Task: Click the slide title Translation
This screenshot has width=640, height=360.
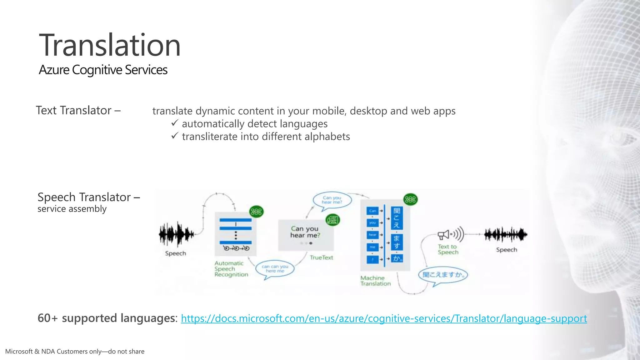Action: [110, 45]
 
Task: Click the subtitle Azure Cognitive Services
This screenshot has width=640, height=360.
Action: [103, 70]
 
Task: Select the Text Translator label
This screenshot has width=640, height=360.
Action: [78, 110]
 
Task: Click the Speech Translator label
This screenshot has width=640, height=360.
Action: [88, 197]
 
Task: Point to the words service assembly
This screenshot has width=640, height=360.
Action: [72, 209]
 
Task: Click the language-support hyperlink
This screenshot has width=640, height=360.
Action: [384, 318]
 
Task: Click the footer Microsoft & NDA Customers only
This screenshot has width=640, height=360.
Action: [75, 352]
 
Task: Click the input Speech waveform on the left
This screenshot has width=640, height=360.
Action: [176, 234]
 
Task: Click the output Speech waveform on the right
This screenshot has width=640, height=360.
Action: [506, 235]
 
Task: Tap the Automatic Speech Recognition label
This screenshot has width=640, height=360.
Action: [231, 269]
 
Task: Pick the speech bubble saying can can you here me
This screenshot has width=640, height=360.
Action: [275, 269]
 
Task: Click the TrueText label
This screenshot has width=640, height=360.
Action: [321, 257]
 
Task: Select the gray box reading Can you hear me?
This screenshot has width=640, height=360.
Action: [306, 234]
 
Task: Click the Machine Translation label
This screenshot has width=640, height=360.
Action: [375, 281]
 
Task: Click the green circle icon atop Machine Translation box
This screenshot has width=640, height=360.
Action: [410, 199]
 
